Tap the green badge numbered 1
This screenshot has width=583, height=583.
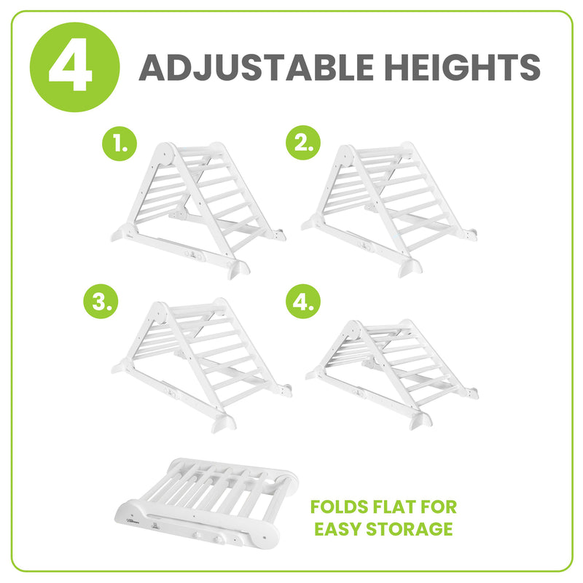point(120,144)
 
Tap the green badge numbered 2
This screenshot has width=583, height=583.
point(302,144)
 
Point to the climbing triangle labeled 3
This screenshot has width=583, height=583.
point(200,364)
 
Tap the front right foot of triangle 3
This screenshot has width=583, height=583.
point(224,423)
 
